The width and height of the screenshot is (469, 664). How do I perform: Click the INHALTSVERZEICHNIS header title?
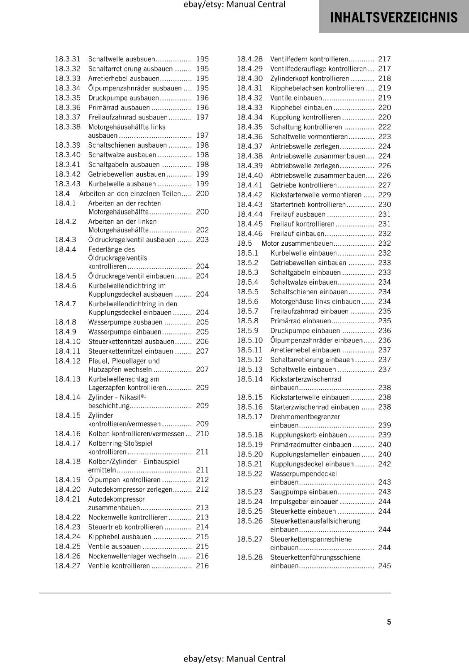tap(393, 17)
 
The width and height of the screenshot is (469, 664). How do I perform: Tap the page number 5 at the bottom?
tap(389, 622)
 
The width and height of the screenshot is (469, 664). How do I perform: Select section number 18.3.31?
tap(68, 59)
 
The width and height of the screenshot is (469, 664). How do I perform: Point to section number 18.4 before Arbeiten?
tap(62, 193)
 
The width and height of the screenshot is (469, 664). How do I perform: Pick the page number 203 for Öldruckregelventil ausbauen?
tap(202, 239)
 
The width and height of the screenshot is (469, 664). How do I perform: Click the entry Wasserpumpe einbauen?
tap(125, 332)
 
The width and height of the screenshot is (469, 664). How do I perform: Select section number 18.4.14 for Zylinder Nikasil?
tap(68, 397)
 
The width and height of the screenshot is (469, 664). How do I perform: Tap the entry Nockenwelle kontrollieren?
tap(128, 517)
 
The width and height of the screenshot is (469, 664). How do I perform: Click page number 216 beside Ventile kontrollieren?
tap(202, 566)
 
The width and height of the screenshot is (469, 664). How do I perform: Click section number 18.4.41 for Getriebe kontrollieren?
tap(250, 185)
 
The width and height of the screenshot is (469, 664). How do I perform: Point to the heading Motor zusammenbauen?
tap(297, 243)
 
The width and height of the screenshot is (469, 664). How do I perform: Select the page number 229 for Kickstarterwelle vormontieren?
tap(384, 195)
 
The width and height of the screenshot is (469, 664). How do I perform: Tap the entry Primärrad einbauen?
tap(300, 321)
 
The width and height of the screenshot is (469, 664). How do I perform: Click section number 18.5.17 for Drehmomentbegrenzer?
tap(250, 417)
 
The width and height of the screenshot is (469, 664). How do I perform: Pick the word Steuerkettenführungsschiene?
tap(315, 557)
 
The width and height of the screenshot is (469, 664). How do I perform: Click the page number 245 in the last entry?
tap(384, 566)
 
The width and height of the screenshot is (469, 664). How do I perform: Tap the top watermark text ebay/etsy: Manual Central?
tap(234, 5)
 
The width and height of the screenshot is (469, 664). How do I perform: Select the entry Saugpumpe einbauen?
tap(304, 492)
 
